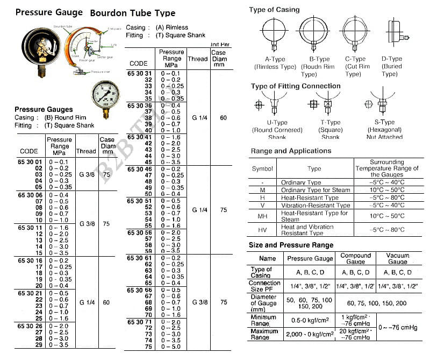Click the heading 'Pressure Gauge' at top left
pyautogui.click(x=49, y=12)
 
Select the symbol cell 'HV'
pyautogui.click(x=262, y=230)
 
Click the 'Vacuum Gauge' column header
pyautogui.click(x=398, y=258)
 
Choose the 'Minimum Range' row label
pyautogui.click(x=264, y=320)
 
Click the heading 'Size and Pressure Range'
pyautogui.click(x=291, y=245)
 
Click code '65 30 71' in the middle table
pyautogui.click(x=139, y=321)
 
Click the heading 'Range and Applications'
pyautogui.click(x=291, y=151)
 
